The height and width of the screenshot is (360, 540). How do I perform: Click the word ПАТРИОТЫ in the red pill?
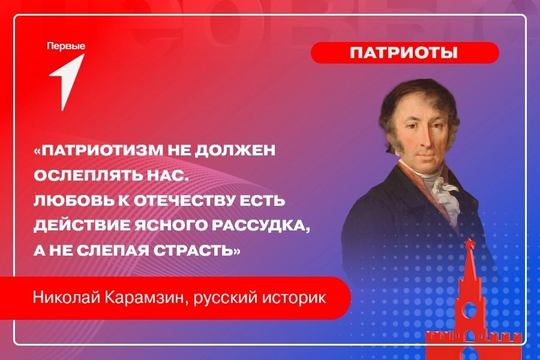tap(404, 53)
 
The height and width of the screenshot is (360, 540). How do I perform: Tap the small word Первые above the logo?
tap(66, 46)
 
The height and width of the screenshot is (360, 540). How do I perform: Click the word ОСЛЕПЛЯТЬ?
tap(88, 175)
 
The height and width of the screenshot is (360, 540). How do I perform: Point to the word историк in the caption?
tap(294, 298)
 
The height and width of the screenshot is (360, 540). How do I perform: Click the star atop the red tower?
tap(469, 243)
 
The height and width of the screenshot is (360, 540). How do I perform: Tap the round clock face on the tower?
tap(469, 310)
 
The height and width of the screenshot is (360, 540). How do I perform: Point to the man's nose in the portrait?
tap(422, 139)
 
